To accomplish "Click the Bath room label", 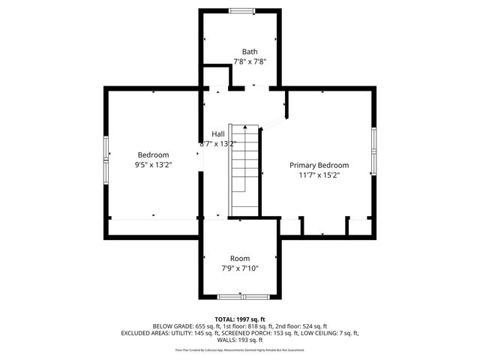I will point(239,52).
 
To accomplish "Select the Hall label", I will point(217,133).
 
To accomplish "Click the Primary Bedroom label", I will point(319,165).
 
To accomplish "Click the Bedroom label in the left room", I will point(152,154).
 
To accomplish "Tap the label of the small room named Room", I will point(239,258).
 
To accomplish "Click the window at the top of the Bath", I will point(241,10).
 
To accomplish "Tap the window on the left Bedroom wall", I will point(106,160).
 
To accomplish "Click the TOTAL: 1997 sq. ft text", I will point(240,319).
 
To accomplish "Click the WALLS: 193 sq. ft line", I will point(240,340).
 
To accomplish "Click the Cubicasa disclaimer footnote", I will point(240,349).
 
